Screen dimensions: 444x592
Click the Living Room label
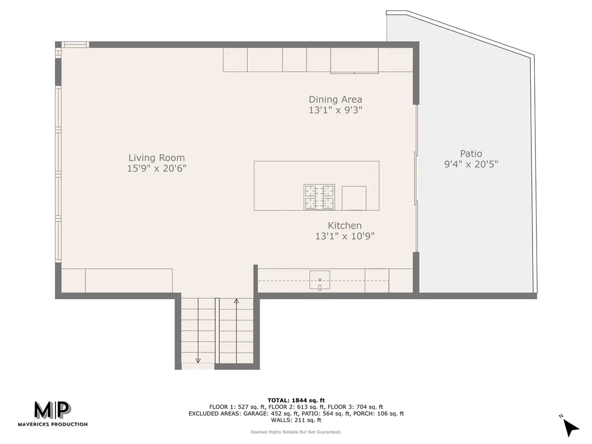click(157, 157)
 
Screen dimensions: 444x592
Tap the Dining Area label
click(335, 99)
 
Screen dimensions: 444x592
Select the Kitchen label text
click(345, 225)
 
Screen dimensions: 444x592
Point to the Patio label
click(471, 154)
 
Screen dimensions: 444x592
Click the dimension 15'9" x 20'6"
click(157, 168)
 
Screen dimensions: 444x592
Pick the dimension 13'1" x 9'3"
click(335, 110)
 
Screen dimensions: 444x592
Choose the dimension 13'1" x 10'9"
click(345, 236)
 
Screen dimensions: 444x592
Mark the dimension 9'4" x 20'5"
click(471, 164)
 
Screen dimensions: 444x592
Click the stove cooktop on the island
click(319, 197)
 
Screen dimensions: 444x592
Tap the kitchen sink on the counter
click(319, 279)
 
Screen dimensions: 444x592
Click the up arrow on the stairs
click(236, 301)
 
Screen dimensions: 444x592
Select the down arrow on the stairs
click(198, 360)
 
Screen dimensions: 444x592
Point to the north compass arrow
click(571, 427)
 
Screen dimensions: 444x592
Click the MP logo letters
click(52, 410)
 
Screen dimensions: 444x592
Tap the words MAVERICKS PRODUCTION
click(60, 424)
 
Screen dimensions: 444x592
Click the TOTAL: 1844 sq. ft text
click(296, 400)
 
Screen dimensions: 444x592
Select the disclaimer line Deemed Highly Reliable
click(296, 432)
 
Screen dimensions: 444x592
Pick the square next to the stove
click(354, 198)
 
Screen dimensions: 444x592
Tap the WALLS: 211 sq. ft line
click(296, 420)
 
